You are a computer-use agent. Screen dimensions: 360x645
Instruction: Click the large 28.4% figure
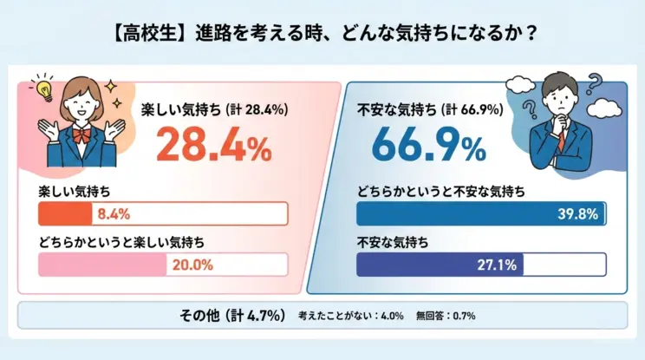coord(213,146)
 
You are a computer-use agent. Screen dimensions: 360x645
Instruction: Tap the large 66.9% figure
coord(428,146)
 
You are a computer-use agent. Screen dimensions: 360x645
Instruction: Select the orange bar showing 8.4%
coord(64,213)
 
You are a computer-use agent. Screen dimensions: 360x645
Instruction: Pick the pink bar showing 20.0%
coord(102,264)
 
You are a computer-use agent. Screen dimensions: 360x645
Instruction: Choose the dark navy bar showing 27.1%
coord(440,264)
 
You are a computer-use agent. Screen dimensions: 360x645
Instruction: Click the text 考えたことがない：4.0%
coord(351,316)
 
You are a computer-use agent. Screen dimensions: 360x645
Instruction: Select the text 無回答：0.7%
coord(445,316)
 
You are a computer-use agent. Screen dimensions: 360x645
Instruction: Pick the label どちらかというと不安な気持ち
coord(443,191)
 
